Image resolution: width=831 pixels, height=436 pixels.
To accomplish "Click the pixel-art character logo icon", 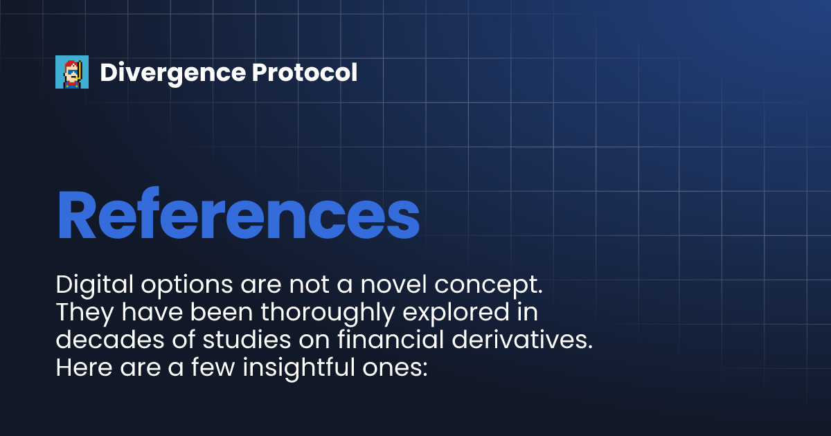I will (72, 72).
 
